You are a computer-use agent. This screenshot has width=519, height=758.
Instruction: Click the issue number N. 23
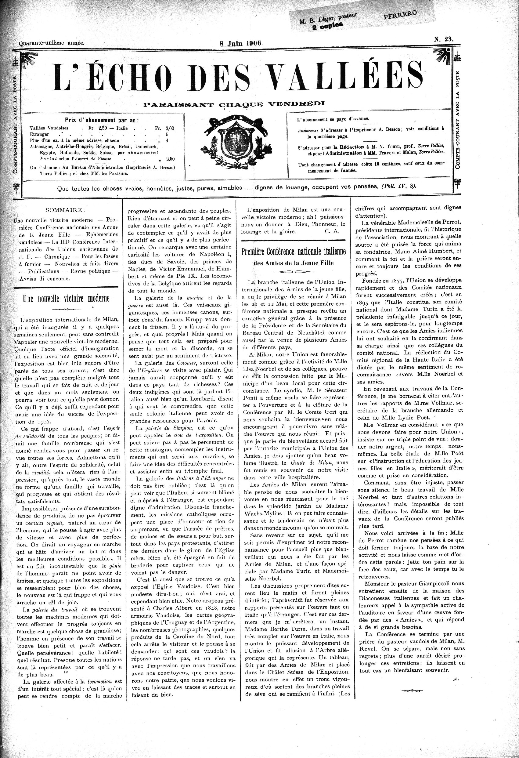[443, 39]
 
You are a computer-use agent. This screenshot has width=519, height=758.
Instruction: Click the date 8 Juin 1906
[241, 43]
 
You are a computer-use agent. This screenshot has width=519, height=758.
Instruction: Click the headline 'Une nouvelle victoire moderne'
[66, 299]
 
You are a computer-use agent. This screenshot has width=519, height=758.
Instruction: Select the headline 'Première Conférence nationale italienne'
[294, 252]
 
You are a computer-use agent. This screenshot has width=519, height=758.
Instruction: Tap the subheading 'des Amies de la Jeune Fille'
[294, 263]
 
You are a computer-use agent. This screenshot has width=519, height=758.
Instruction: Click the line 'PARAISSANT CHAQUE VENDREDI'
[234, 104]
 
